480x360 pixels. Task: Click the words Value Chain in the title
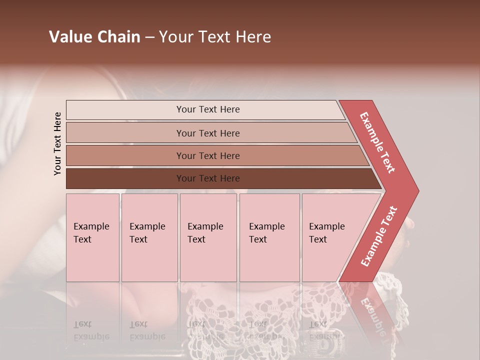94,37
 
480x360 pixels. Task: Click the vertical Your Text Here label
57,143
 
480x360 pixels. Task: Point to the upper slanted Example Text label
377,142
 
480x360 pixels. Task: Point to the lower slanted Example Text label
379,236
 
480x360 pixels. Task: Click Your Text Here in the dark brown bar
208,178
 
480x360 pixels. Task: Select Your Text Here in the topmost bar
208,109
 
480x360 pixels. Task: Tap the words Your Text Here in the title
215,37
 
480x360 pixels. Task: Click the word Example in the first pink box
91,226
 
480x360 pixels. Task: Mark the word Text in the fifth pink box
318,239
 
